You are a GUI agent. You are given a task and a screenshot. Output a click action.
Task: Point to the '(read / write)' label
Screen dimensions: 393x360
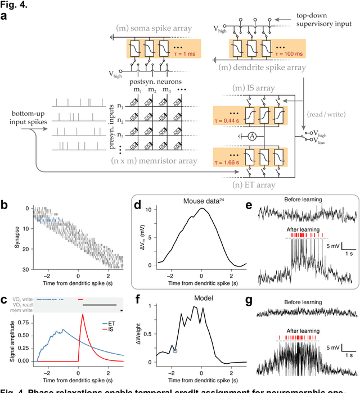coord(323,111)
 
